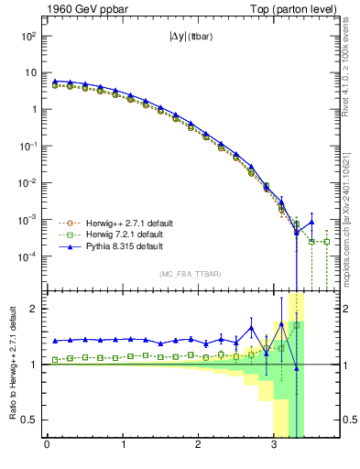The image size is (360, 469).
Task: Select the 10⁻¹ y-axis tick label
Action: click(x=27, y=147)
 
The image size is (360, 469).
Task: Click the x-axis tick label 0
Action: click(x=47, y=446)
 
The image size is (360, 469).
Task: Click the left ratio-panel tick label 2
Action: click(x=35, y=309)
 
